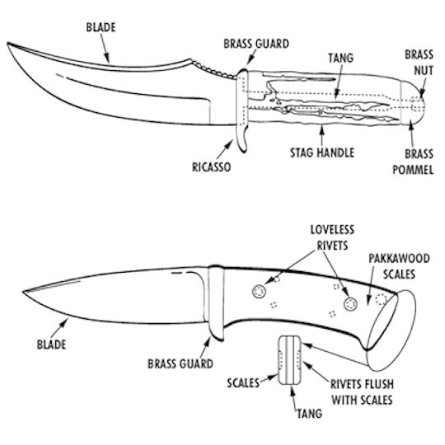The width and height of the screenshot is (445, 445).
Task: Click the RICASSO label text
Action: (x=212, y=167)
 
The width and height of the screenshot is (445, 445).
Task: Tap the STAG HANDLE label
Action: (x=322, y=152)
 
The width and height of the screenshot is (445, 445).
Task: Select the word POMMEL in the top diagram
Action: (x=413, y=170)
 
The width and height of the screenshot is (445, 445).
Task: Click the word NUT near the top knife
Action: (x=424, y=70)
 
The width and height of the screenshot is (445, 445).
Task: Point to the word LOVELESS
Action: (x=332, y=230)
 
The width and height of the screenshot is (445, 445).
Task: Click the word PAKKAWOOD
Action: (x=400, y=259)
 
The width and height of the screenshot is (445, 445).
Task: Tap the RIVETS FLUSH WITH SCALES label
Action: (x=362, y=392)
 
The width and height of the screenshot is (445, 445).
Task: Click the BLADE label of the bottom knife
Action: (x=51, y=344)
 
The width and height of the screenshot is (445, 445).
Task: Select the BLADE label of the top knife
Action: (x=101, y=27)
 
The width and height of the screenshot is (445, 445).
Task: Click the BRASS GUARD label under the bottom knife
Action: (x=180, y=364)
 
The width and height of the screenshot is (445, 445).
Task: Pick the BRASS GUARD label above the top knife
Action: (x=256, y=44)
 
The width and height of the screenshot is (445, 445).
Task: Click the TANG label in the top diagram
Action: (x=341, y=58)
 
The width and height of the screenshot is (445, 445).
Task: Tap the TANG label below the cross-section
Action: (x=309, y=414)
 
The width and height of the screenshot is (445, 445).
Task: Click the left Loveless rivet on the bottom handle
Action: (x=259, y=292)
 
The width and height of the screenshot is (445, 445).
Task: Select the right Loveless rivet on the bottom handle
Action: (x=350, y=304)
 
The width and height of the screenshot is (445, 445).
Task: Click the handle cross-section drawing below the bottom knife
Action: (x=289, y=360)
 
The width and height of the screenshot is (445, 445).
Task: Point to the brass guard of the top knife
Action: (x=242, y=110)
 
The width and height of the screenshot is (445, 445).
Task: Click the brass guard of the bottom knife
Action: (x=216, y=303)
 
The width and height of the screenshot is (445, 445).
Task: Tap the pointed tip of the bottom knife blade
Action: (x=23, y=292)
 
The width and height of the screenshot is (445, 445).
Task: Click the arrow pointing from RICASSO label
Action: (x=225, y=150)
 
